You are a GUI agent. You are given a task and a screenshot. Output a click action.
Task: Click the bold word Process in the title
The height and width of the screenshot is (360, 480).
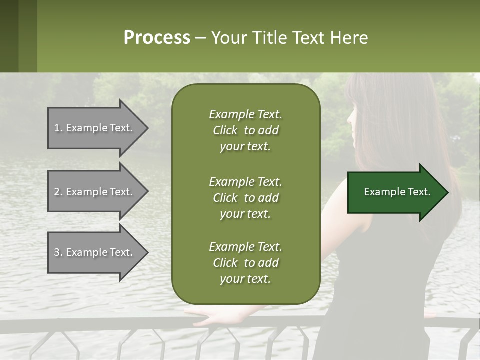[x=157, y=38]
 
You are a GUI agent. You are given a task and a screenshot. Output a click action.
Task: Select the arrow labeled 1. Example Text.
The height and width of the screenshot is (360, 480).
[x=95, y=128]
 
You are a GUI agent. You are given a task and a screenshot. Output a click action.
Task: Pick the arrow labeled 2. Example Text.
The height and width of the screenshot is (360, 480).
[x=95, y=192]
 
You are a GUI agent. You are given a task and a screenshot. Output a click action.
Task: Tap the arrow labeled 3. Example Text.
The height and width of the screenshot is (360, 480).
[x=95, y=252]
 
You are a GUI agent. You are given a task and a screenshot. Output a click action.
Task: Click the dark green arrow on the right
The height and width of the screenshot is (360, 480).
[x=395, y=192]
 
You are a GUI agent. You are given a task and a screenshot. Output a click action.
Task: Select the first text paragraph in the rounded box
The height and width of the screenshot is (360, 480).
[x=245, y=130]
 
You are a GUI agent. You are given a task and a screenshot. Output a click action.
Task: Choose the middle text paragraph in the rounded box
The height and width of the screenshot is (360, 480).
[x=245, y=197]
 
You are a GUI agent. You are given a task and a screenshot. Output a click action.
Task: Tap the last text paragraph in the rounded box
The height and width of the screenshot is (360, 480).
[x=245, y=263]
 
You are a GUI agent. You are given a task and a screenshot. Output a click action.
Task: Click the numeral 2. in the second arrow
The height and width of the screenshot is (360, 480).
[x=58, y=192]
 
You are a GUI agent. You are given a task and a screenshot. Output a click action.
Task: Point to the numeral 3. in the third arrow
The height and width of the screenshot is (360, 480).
[x=58, y=252]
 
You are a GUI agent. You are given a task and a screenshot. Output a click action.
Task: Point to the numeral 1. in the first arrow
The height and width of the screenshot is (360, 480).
[x=58, y=128]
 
